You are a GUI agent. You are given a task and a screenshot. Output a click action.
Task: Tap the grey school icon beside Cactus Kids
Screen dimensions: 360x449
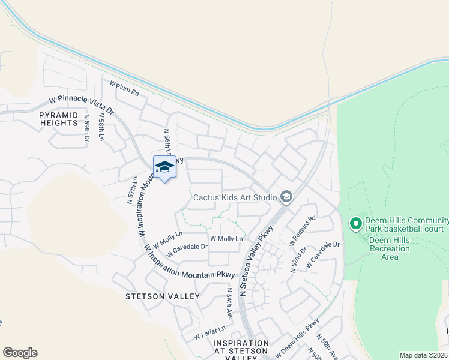pyautogui.click(x=286, y=197)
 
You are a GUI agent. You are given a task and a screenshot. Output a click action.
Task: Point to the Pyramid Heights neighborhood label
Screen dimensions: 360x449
pyautogui.click(x=59, y=119)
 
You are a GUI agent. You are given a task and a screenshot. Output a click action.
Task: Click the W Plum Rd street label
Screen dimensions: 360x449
pyautogui.click(x=124, y=88)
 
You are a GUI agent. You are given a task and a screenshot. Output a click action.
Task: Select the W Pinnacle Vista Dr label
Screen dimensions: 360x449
pyautogui.click(x=81, y=104)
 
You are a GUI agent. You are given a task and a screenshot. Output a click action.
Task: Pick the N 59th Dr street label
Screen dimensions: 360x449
pyautogui.click(x=87, y=128)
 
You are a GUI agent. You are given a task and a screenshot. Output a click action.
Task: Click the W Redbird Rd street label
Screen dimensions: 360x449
pyautogui.click(x=303, y=230)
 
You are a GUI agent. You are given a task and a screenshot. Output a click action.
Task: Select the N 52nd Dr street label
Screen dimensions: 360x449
pyautogui.click(x=298, y=259)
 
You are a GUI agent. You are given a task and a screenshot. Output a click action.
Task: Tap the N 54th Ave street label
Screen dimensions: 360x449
pyautogui.click(x=229, y=303)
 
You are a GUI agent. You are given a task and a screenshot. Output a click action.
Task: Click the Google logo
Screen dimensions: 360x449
pyautogui.click(x=20, y=353)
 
